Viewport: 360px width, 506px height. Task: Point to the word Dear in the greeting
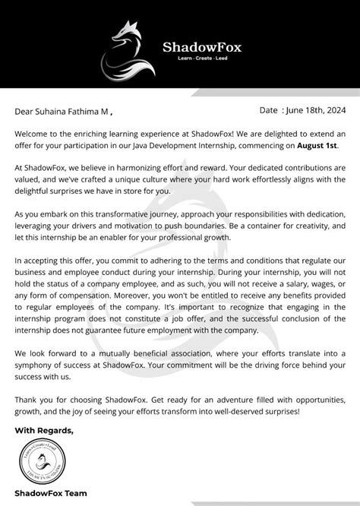coord(24,112)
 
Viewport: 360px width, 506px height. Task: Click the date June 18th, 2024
coord(315,110)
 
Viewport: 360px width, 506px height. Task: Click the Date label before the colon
coord(270,110)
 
